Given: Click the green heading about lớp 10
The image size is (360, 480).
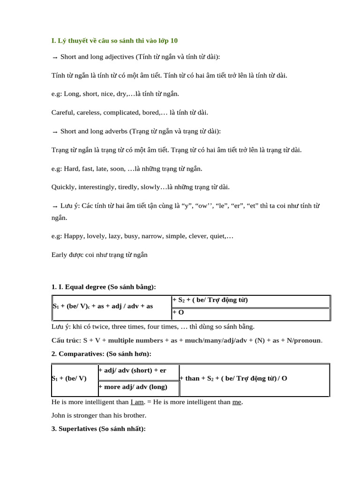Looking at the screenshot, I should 114,41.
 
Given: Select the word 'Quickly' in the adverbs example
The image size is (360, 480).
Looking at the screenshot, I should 63,187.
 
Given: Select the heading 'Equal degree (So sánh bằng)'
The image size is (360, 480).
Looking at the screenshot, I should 110,287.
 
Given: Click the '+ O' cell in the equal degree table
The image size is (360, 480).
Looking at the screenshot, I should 178,312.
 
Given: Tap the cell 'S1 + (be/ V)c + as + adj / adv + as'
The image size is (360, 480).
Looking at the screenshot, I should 103,306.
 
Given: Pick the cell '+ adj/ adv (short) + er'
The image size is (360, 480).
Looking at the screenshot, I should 132,370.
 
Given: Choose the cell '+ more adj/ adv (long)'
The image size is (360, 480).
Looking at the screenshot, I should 133,387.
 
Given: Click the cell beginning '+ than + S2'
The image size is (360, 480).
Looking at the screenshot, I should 233,378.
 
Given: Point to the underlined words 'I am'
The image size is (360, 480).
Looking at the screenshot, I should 137,402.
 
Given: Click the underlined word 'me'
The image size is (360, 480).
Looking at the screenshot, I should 237,402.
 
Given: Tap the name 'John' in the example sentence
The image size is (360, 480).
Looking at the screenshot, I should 59,415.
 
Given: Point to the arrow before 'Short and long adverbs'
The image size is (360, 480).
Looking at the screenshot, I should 54,132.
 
